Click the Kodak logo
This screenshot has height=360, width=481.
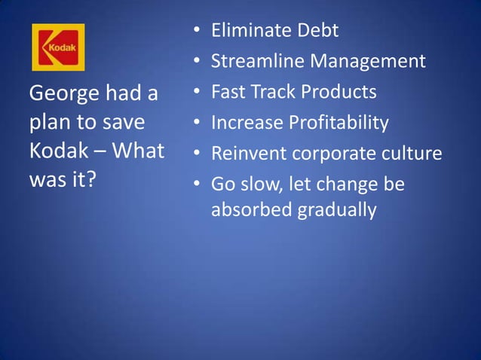pos(57,47)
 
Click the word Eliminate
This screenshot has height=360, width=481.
pos(248,31)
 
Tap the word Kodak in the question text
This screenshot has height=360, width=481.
pos(57,150)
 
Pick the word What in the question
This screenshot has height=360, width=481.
pos(139,150)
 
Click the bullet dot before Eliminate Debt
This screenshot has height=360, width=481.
pos(195,32)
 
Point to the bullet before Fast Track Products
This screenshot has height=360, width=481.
pos(195,93)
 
